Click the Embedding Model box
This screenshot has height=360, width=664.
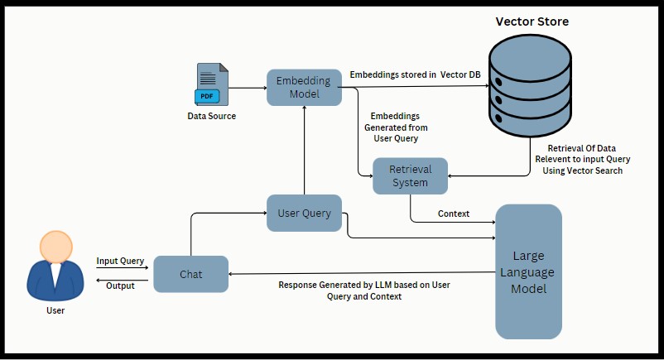(x=305, y=87)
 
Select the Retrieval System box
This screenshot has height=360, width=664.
(x=410, y=176)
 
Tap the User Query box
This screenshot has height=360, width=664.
(x=304, y=213)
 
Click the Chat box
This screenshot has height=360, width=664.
(x=191, y=274)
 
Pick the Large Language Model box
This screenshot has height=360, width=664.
(x=528, y=271)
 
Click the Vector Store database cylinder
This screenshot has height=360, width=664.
(x=530, y=84)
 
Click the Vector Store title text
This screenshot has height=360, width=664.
(x=532, y=22)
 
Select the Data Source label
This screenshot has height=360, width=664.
(x=211, y=117)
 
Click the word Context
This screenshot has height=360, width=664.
(x=454, y=214)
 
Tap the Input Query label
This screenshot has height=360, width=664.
(x=120, y=262)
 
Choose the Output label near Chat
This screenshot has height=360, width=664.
(x=121, y=286)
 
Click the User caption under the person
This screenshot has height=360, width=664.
(x=55, y=310)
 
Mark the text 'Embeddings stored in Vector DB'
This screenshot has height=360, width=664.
(x=415, y=75)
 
